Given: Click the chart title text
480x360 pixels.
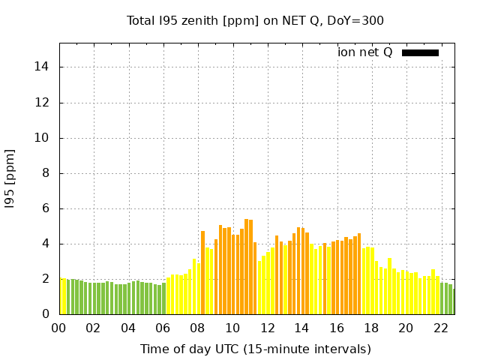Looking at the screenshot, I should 255,20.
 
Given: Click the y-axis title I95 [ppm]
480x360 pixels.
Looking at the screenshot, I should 10,178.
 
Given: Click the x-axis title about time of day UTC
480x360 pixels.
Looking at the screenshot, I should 255,349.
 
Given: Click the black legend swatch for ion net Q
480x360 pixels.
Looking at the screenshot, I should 420,52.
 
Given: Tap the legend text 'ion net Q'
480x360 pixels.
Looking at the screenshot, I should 365,52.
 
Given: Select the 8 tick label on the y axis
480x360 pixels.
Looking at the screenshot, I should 46,173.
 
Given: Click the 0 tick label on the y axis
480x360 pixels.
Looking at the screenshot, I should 46,314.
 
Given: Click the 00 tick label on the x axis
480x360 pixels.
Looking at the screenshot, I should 59,328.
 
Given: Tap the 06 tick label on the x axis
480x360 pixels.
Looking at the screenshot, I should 163,328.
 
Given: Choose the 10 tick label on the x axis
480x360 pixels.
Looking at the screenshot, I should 232,328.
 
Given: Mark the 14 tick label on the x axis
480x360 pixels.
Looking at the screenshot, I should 301,328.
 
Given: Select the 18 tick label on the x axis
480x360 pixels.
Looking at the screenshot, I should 370,328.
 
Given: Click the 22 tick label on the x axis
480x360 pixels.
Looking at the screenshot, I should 440,328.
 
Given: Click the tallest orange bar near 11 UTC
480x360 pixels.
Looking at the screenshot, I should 247,267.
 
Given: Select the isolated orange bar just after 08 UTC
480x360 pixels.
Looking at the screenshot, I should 202,272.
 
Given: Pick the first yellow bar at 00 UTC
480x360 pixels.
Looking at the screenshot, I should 62,296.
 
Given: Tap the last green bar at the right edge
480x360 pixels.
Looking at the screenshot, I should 453,301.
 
